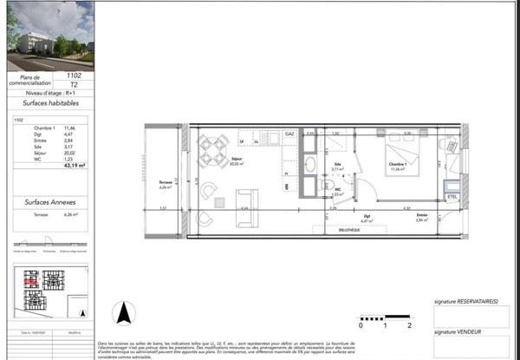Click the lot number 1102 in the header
pos(73,76)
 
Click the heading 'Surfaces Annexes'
pos(49,201)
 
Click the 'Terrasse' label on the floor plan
pos(162,183)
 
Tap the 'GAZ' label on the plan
pos(290,134)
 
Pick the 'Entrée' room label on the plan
pos(421,217)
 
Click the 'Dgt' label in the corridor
pos(367,217)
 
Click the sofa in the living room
pos(247,197)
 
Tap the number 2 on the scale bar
pos(408,325)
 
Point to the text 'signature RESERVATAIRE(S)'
pos(465,301)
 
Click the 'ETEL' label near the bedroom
pos(451,197)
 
